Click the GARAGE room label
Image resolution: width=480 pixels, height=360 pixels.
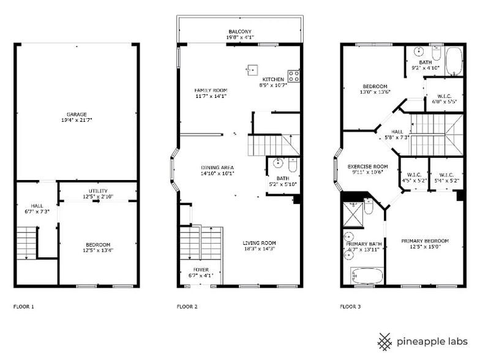pyautogui.click(x=77, y=114)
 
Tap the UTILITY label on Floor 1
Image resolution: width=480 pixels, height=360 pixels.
pyautogui.click(x=98, y=191)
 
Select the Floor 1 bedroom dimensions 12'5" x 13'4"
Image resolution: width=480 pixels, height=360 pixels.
pyautogui.click(x=98, y=250)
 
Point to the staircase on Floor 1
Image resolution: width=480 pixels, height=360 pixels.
pyautogui.click(x=26, y=242)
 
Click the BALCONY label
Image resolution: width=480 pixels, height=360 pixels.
pyautogui.click(x=240, y=31)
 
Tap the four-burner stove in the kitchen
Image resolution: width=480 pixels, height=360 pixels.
pyautogui.click(x=294, y=76)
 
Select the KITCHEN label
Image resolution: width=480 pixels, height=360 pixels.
pyautogui.click(x=273, y=80)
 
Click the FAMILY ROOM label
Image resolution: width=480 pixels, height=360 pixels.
pyautogui.click(x=211, y=90)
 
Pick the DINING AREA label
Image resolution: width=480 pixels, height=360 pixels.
pyautogui.click(x=217, y=167)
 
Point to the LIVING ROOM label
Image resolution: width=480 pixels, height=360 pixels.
pyautogui.click(x=260, y=242)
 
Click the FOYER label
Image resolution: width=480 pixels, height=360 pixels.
pyautogui.click(x=201, y=269)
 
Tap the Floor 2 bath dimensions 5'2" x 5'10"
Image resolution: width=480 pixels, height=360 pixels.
pyautogui.click(x=283, y=184)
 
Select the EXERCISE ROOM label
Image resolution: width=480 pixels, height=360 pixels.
pyautogui.click(x=368, y=166)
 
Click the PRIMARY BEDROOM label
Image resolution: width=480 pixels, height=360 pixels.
pyautogui.click(x=425, y=241)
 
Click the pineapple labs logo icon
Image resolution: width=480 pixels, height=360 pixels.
pyautogui.click(x=384, y=342)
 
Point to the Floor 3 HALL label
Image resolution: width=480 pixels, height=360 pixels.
pyautogui.click(x=397, y=131)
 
